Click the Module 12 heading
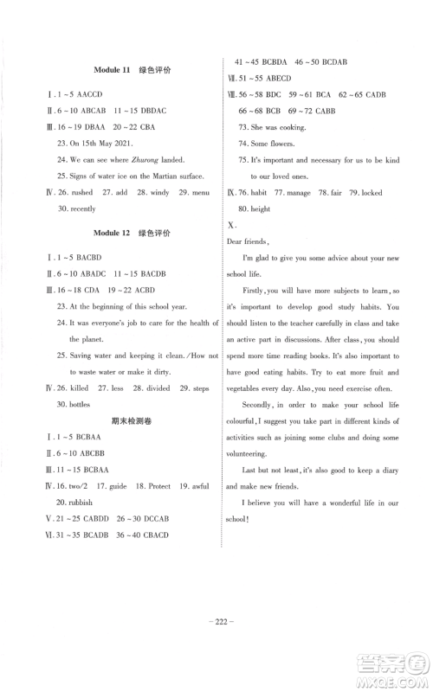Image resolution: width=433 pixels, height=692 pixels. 113,234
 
